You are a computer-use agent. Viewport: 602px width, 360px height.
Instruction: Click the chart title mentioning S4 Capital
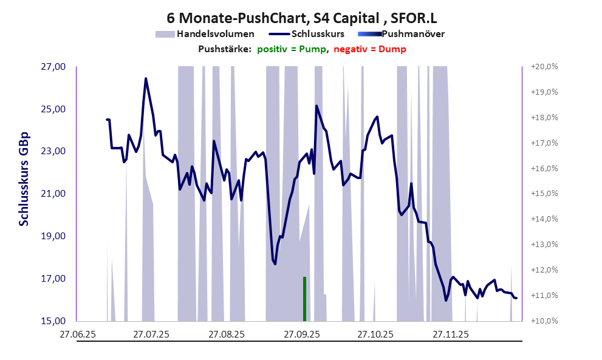pos(301,19)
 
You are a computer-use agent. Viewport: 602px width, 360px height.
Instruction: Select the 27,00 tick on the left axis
pos(52,67)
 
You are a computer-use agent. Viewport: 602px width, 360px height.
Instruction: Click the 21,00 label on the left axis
pos(52,194)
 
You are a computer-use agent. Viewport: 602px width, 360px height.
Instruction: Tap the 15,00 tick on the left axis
pos(52,321)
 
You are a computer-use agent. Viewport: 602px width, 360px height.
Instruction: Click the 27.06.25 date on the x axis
pos(77,334)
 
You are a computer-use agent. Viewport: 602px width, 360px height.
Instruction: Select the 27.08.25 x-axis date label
pos(226,334)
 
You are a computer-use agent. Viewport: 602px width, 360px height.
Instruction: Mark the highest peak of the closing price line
pos(146,79)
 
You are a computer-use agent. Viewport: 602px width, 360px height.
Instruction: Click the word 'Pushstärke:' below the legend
pos(225,49)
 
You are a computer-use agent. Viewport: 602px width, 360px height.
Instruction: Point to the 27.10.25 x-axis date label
pos(375,334)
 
